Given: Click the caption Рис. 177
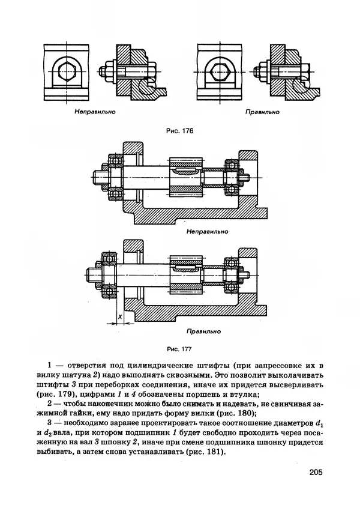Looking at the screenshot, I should tap(180, 346).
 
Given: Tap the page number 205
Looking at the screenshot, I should tap(316, 473).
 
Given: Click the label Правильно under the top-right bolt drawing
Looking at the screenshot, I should tap(262, 112).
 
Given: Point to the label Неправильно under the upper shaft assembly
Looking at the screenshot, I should tap(206, 231).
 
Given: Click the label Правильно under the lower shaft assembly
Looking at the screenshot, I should tap(204, 331).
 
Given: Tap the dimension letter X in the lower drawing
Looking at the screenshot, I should tap(120, 316).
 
